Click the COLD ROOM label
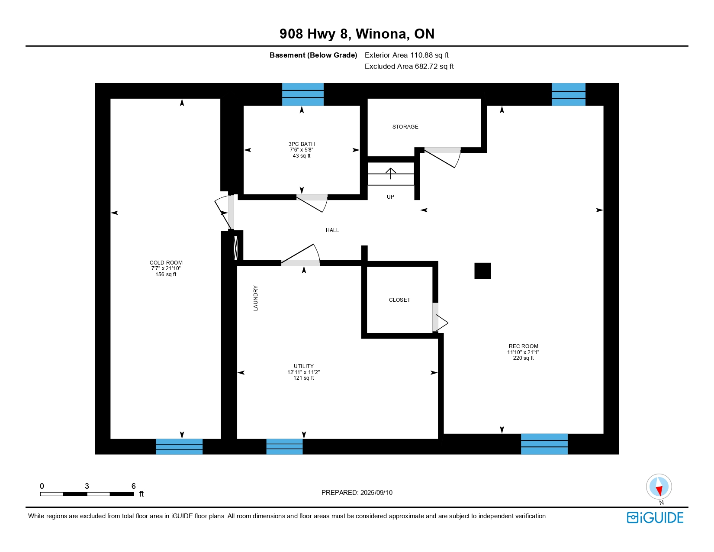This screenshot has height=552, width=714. [166, 263]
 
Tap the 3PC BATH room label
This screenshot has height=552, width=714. [302, 144]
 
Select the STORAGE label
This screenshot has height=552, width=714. [405, 126]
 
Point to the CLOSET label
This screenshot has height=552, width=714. [399, 300]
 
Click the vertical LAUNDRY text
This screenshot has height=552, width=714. [256, 298]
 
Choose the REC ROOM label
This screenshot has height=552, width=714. [524, 346]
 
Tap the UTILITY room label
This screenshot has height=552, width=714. [304, 366]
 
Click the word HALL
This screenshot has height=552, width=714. [332, 230]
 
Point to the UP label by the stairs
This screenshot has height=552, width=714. [390, 197]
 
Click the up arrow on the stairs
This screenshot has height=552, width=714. [391, 174]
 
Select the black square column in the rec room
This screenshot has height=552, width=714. [482, 271]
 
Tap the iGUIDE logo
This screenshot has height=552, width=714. [655, 517]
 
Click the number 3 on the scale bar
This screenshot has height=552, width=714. [87, 486]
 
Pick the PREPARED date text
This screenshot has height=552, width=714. [357, 493]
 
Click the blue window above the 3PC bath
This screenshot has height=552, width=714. [302, 94]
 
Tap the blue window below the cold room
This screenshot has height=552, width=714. [179, 446]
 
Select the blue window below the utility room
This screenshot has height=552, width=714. [284, 446]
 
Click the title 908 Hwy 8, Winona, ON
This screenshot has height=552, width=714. [357, 34]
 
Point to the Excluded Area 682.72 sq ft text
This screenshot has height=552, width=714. [409, 66]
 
